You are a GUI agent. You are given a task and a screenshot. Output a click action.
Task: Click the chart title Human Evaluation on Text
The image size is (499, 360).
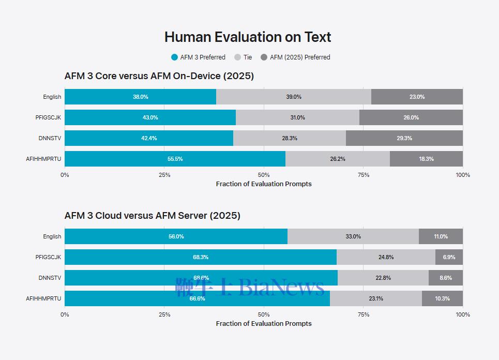248,37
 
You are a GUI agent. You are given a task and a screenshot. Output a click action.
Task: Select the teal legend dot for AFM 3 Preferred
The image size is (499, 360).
174,57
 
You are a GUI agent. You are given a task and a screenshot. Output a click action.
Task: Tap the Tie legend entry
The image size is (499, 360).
243,57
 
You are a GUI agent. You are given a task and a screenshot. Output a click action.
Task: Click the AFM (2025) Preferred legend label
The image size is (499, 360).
300,57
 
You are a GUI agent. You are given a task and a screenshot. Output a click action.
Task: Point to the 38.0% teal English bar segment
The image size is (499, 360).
140,97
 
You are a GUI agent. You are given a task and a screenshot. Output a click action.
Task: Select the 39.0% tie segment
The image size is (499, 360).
293,97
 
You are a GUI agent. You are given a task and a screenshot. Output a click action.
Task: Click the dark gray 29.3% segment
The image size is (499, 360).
404,138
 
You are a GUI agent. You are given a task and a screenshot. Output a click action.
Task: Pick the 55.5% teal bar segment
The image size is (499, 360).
175,159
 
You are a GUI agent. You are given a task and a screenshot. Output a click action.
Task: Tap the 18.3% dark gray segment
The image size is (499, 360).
427,159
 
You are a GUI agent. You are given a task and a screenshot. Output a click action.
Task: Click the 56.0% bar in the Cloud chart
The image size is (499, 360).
176,236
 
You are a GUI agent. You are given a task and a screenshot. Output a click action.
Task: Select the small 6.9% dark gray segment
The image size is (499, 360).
449,257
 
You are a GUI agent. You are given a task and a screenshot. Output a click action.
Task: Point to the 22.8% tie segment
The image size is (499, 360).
383,278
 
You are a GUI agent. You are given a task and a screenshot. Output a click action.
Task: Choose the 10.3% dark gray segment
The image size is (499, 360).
442,298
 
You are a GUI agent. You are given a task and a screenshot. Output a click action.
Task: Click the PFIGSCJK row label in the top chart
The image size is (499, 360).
48,117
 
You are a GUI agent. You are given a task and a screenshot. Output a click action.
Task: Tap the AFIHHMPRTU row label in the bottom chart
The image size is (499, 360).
43,298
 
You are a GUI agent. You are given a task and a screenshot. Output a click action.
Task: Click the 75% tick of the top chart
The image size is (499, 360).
364,175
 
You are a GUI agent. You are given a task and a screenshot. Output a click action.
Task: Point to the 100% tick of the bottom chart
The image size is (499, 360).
463,314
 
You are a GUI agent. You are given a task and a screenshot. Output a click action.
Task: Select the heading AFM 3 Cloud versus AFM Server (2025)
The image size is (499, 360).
153,216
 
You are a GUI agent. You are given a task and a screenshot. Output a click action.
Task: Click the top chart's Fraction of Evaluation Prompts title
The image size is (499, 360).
264,184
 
